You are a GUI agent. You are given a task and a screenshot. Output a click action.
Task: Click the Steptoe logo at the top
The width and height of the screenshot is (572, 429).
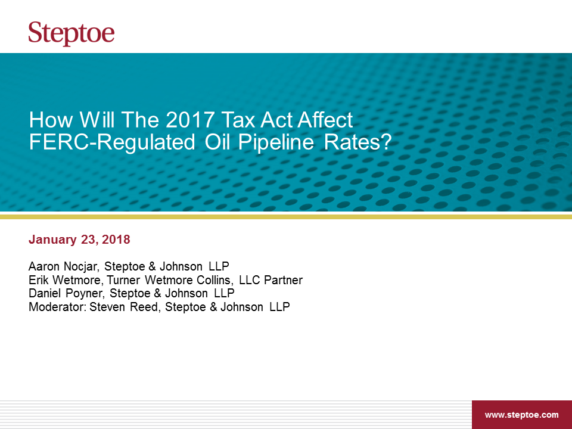click(x=71, y=33)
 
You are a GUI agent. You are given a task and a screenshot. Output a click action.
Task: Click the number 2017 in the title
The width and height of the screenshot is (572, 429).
click(x=189, y=120)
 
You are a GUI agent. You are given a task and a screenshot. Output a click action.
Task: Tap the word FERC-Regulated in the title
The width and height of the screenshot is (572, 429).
click(x=112, y=142)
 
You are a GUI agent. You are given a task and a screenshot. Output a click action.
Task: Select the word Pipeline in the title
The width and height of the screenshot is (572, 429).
click(x=276, y=142)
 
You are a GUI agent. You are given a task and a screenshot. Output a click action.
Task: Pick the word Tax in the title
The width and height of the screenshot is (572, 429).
click(x=238, y=120)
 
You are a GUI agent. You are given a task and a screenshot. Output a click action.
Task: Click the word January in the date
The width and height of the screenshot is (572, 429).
click(x=52, y=240)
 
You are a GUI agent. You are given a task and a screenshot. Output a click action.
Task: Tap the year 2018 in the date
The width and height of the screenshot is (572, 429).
click(x=116, y=240)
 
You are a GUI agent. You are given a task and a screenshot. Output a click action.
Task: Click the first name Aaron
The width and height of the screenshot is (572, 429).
click(x=43, y=266)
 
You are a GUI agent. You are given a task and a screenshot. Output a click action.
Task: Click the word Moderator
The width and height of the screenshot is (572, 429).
click(x=57, y=307)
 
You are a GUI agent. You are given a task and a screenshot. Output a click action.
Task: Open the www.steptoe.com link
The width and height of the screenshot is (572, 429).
click(x=522, y=415)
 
